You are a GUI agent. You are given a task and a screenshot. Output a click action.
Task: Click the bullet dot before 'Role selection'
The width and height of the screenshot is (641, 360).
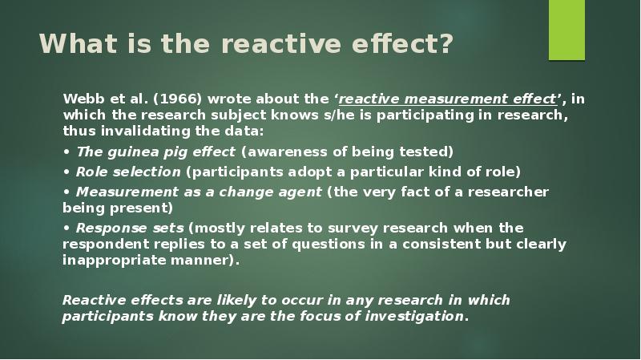coord(66,171)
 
